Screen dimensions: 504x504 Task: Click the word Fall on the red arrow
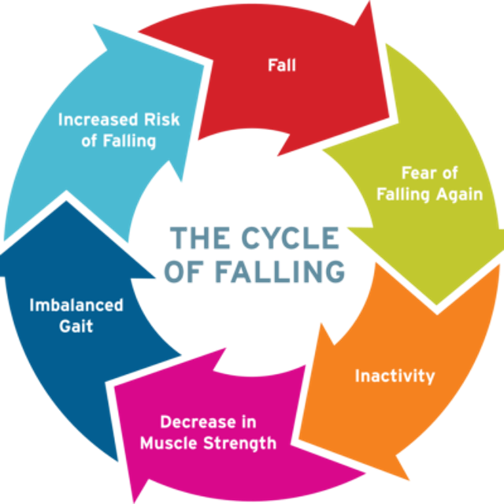pyautogui.click(x=281, y=65)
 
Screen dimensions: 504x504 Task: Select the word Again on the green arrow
pyautogui.click(x=459, y=194)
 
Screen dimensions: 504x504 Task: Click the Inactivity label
pyautogui.click(x=395, y=376)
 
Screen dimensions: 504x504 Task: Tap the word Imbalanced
pyautogui.click(x=76, y=304)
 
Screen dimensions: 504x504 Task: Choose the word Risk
pyautogui.click(x=161, y=120)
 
